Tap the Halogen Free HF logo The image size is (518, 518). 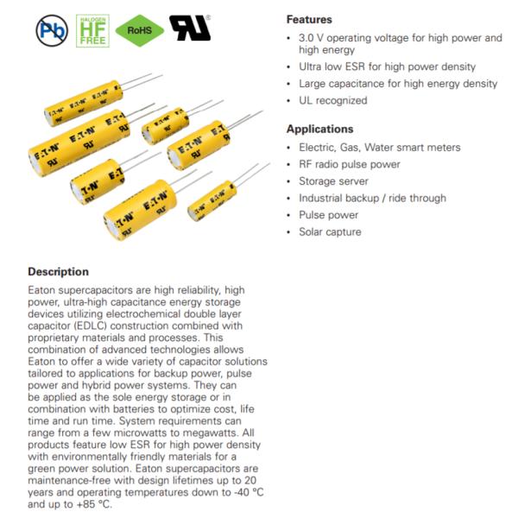92,30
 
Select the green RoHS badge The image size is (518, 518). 139,30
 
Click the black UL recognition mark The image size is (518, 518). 190,28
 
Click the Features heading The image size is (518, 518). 309,19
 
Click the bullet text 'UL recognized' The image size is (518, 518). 332,100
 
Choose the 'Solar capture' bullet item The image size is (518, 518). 330,231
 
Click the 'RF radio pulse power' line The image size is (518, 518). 349,164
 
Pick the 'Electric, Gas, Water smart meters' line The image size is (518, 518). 379,148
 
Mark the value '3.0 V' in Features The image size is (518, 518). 312,38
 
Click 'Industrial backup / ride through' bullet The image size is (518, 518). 372,198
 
